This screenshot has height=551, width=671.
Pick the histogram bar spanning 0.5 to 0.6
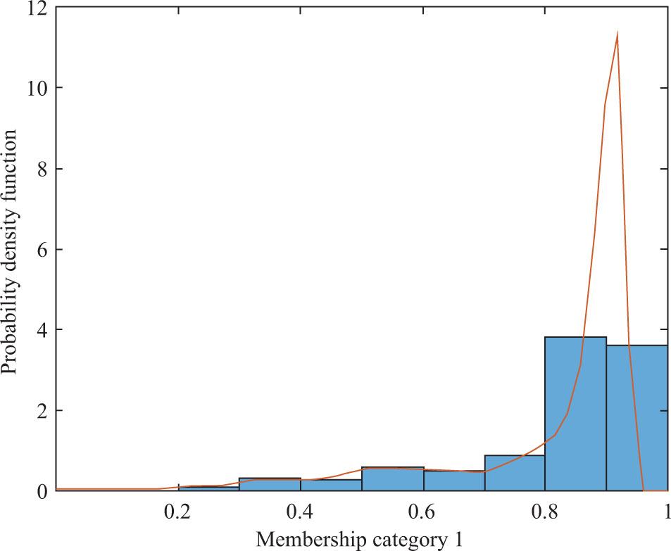[392, 479]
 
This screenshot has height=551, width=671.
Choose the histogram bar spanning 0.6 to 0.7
[453, 481]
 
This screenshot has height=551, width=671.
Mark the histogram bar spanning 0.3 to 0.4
[270, 485]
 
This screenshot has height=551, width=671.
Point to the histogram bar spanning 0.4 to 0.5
[331, 486]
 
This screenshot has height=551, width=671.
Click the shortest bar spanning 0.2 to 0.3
[208, 488]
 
